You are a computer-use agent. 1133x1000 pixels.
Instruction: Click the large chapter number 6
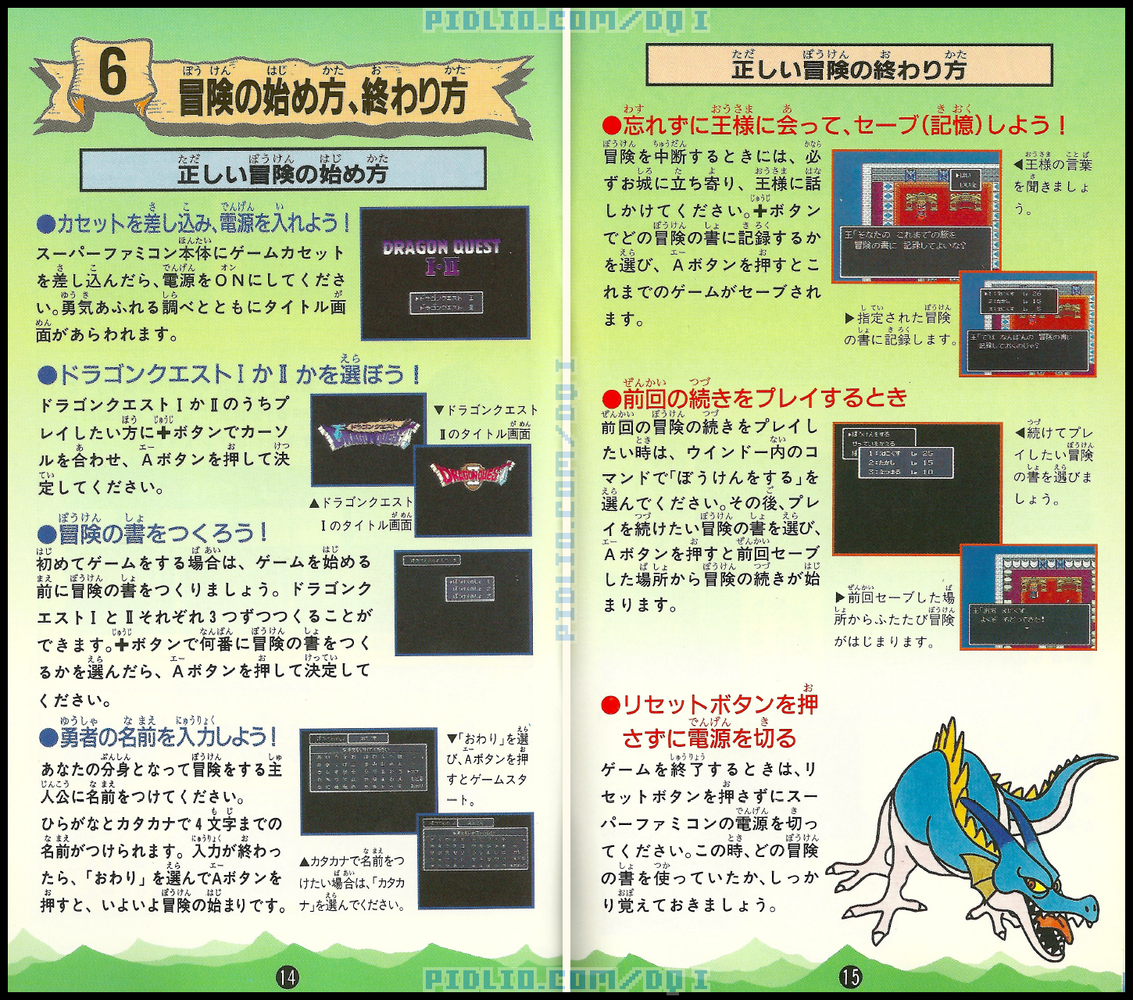click(x=113, y=75)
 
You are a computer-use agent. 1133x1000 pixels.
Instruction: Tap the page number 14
click(x=288, y=977)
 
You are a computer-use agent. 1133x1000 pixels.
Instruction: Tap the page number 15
click(x=850, y=977)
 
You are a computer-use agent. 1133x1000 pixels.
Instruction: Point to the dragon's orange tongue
click(x=1055, y=927)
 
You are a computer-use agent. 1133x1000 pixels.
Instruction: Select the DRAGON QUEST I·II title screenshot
click(x=444, y=273)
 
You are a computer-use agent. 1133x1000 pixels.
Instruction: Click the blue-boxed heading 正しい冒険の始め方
click(x=282, y=170)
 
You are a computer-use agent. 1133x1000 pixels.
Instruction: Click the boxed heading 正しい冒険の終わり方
click(x=849, y=66)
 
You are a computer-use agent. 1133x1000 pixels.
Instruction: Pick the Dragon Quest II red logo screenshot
click(x=472, y=489)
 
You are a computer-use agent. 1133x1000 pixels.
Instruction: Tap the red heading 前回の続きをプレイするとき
click(x=755, y=398)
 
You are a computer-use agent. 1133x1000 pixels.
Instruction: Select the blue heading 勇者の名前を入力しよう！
click(x=159, y=737)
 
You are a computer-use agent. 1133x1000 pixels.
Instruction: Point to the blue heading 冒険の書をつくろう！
click(x=153, y=534)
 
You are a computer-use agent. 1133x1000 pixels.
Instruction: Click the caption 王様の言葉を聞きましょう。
click(x=1052, y=186)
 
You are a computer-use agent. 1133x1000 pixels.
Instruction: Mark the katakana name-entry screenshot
click(x=475, y=859)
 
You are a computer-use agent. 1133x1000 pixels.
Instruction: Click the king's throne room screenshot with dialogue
click(x=915, y=216)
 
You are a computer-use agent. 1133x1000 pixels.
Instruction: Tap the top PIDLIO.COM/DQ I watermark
click(x=566, y=20)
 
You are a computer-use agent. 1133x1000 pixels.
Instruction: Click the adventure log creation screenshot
click(x=463, y=602)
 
